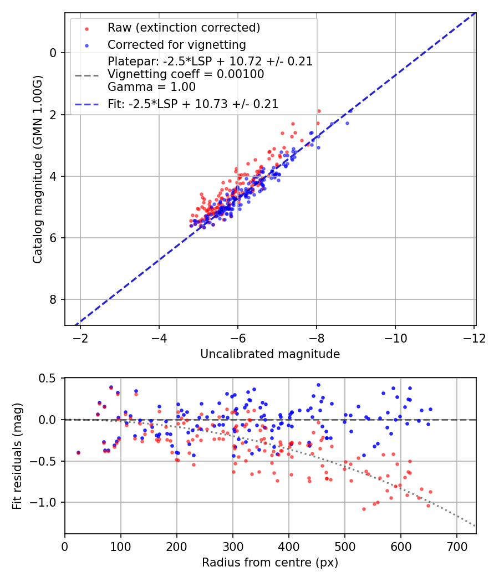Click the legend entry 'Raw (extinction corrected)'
tap(184, 28)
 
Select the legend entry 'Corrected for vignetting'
tap(176, 44)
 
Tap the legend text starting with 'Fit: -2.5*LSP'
tap(193, 104)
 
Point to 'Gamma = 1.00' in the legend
tap(151, 86)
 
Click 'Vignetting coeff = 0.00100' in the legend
tap(186, 74)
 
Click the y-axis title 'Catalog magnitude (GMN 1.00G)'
tap(38, 169)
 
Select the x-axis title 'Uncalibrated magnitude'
tap(270, 354)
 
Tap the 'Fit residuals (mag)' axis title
tap(17, 456)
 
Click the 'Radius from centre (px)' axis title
tap(270, 563)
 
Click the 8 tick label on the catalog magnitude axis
tap(54, 300)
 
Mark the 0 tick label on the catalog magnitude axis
tap(54, 53)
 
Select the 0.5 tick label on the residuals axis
tap(49, 378)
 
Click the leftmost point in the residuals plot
tap(78, 453)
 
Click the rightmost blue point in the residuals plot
tap(430, 409)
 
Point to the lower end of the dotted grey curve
tap(475, 525)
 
